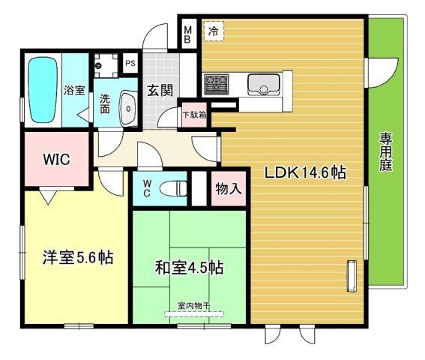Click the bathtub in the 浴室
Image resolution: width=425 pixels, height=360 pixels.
click(x=43, y=89)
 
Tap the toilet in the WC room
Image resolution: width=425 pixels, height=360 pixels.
click(x=173, y=188)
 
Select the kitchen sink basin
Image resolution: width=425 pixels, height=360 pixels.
click(x=263, y=84)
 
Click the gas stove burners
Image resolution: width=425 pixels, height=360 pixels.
click(x=216, y=84)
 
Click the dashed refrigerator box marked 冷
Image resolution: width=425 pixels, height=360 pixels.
click(x=214, y=31)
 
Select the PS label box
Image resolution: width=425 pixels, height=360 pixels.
click(x=130, y=63)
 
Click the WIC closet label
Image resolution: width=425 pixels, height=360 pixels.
click(x=57, y=159)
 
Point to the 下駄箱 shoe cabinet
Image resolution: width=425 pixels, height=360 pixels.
click(x=194, y=115)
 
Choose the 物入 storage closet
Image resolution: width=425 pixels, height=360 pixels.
click(x=229, y=188)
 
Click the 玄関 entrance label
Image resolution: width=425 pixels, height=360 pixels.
click(x=160, y=90)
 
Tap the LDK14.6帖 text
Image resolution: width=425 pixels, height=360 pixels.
click(x=305, y=172)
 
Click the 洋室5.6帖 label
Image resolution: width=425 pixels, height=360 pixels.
click(x=78, y=257)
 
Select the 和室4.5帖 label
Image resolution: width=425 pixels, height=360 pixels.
click(x=189, y=268)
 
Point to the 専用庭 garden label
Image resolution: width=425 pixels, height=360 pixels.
click(x=385, y=152)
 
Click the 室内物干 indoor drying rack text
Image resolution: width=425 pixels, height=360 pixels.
click(x=194, y=306)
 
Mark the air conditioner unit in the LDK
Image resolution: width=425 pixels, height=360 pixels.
click(x=352, y=276)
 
